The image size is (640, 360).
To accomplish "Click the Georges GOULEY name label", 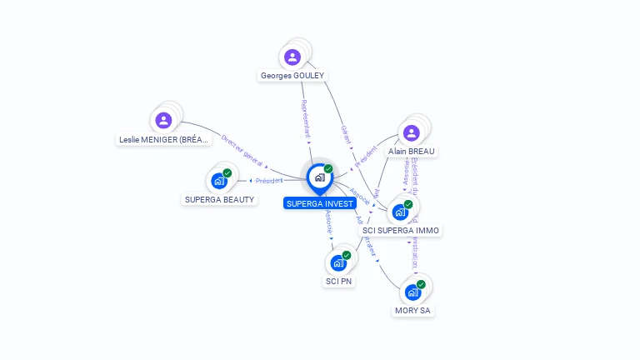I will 292,75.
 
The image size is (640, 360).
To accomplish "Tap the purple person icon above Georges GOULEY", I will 292,57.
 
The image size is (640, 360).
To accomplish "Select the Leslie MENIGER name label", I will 163,139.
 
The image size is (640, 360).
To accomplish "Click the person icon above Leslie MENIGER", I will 163,120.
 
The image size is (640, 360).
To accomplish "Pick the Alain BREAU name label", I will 411,151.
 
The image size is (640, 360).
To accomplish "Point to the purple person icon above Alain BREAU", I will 411,132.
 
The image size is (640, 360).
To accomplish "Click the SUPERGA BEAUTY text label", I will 219,199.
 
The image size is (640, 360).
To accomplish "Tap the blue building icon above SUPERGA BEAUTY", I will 219,180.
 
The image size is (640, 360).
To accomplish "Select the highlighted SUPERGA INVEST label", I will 320,203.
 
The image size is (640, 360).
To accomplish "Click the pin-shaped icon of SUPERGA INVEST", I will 319,177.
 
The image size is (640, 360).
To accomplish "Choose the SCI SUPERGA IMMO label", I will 401,230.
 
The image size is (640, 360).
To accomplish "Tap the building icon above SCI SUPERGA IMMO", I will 401,212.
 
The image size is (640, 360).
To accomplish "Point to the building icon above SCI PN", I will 337,262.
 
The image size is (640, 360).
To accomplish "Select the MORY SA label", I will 413,310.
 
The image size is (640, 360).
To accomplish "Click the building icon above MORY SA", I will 412,292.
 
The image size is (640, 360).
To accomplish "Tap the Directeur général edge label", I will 242,150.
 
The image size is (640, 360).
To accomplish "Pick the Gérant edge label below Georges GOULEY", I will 345,134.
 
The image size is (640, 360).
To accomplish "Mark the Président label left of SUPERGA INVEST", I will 269,180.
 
